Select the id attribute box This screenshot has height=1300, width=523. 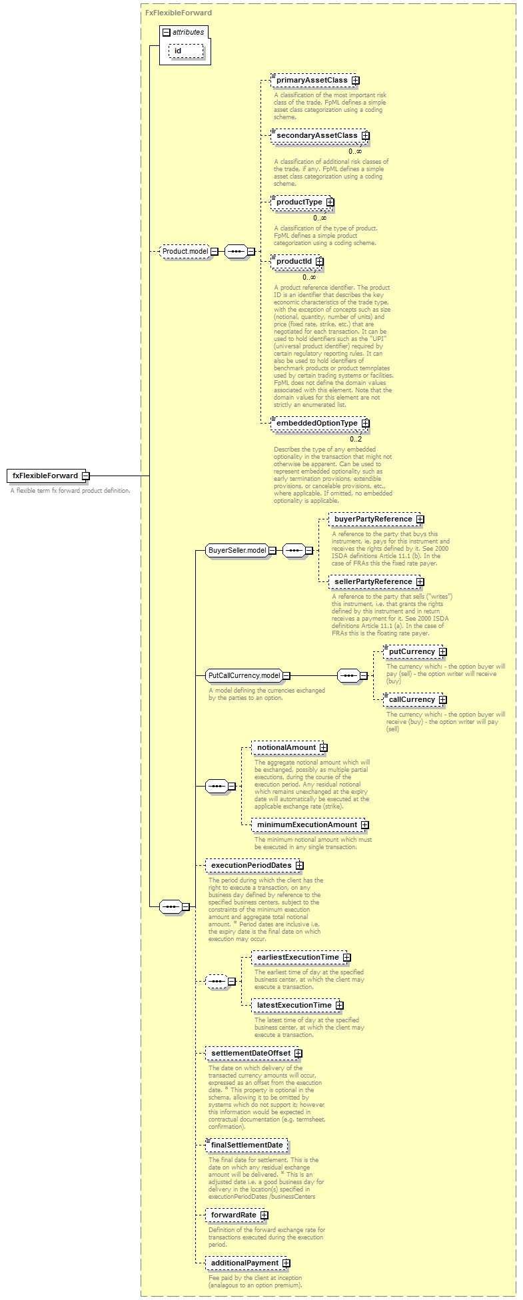pyautogui.click(x=186, y=51)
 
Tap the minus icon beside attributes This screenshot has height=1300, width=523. pyautogui.click(x=166, y=32)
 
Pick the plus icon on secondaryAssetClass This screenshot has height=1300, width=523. pyautogui.click(x=365, y=136)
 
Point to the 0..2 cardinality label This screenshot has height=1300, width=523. pyautogui.click(x=356, y=439)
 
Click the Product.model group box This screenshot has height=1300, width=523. pyautogui.click(x=189, y=252)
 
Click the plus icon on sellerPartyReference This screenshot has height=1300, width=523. pyautogui.click(x=420, y=582)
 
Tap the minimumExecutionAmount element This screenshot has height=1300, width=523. pyautogui.click(x=310, y=825)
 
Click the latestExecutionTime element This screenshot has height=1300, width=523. pyautogui.click(x=298, y=1006)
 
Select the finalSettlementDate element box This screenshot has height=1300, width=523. pyautogui.click(x=247, y=1145)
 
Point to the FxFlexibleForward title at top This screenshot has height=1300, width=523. pyautogui.click(x=179, y=13)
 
